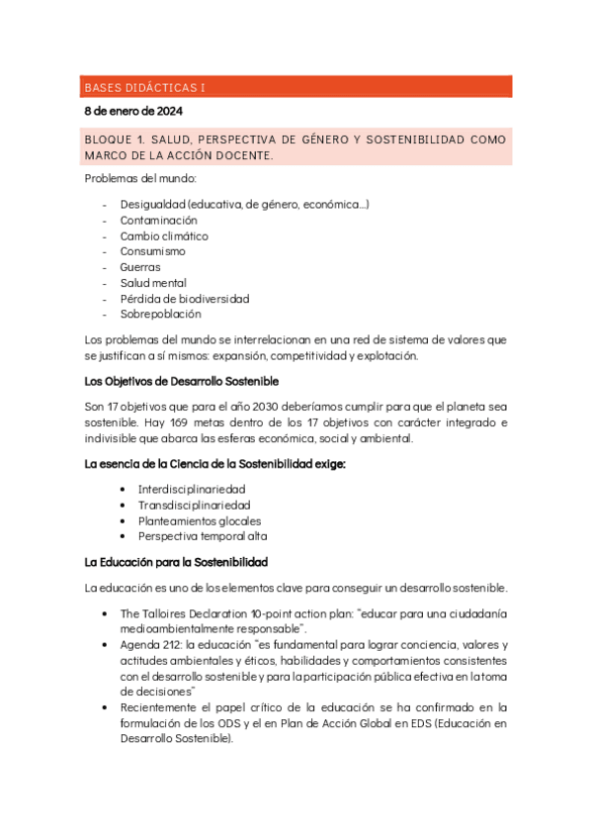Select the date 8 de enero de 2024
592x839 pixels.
click(x=132, y=111)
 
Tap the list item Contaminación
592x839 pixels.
click(x=158, y=220)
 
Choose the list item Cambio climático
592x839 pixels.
click(x=164, y=235)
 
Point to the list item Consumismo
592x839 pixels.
click(x=152, y=251)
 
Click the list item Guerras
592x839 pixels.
click(x=140, y=267)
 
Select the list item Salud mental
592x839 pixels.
click(x=153, y=283)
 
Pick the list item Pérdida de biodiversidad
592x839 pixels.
click(x=184, y=299)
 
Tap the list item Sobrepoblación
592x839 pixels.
click(x=160, y=315)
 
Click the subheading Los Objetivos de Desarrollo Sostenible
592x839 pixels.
click(x=181, y=381)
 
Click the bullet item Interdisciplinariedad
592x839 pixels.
click(x=192, y=489)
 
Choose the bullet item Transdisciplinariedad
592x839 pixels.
click(x=194, y=505)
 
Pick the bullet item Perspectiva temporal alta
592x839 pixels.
click(x=203, y=536)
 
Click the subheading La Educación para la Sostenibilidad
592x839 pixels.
click(x=176, y=563)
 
